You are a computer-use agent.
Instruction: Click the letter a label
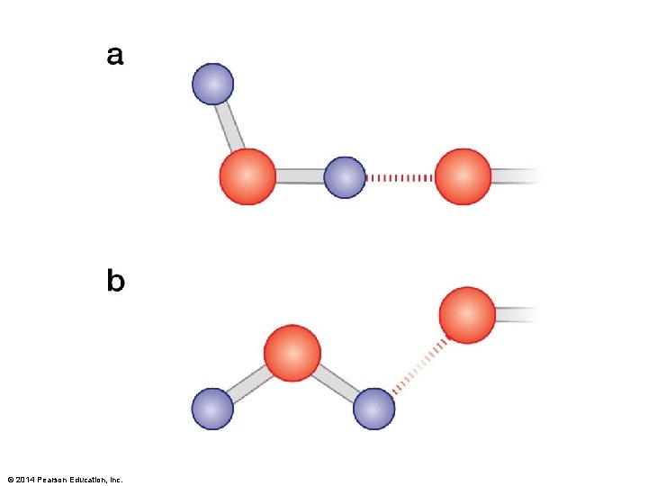pyautogui.click(x=115, y=56)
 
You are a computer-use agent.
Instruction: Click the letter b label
pyautogui.click(x=115, y=282)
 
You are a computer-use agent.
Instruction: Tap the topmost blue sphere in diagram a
pyautogui.click(x=213, y=85)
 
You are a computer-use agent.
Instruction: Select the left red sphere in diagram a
pyautogui.click(x=247, y=176)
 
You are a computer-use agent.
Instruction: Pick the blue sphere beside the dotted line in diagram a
pyautogui.click(x=345, y=177)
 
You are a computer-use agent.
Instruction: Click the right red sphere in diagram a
pyautogui.click(x=463, y=176)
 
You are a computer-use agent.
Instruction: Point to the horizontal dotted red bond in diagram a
pyautogui.click(x=400, y=177)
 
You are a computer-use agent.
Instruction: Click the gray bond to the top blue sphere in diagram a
pyautogui.click(x=231, y=127)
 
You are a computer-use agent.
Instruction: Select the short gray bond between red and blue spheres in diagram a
pyautogui.click(x=300, y=176)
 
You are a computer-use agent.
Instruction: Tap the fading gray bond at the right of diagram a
pyautogui.click(x=515, y=175)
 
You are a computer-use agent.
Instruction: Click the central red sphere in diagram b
pyautogui.click(x=292, y=353)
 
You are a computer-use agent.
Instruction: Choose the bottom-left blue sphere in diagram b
pyautogui.click(x=212, y=409)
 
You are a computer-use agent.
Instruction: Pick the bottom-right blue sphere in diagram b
pyautogui.click(x=373, y=409)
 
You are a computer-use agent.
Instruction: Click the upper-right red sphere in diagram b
pyautogui.click(x=467, y=315)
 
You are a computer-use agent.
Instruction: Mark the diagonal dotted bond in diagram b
pyautogui.click(x=419, y=364)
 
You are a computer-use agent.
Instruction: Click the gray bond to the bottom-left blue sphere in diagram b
pyautogui.click(x=249, y=383)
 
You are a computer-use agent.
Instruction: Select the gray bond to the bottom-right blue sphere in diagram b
pyautogui.click(x=337, y=382)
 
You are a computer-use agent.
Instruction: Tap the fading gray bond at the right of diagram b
pyautogui.click(x=517, y=314)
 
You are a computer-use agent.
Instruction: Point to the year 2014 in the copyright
pyautogui.click(x=24, y=479)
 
